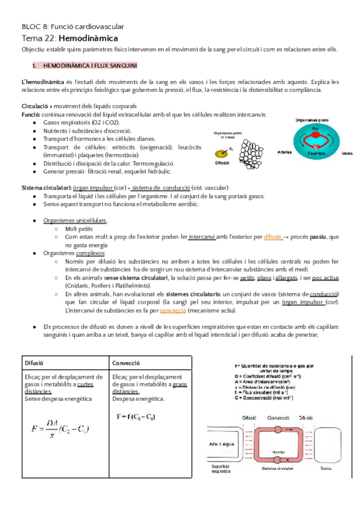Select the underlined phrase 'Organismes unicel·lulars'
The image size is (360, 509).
click(76, 220)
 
